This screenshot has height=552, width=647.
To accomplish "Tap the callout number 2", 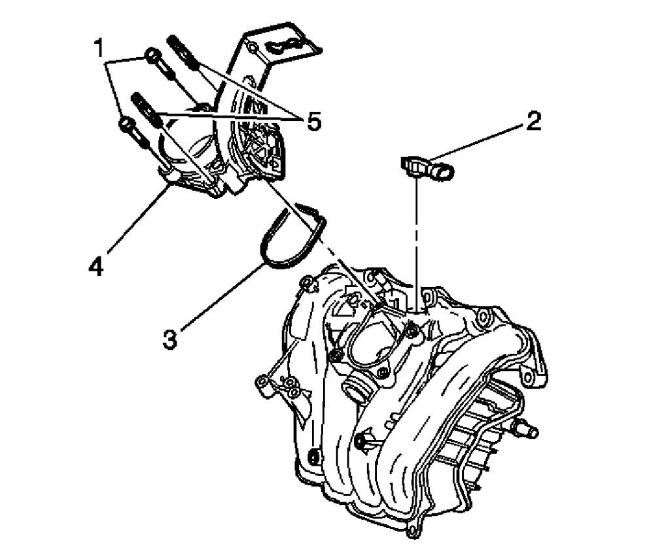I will click(534, 122).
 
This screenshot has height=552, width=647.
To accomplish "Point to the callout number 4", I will click(96, 267).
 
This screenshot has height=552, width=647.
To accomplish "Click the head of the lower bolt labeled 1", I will click(127, 125).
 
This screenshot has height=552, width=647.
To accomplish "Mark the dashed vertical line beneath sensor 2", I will click(416, 242).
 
